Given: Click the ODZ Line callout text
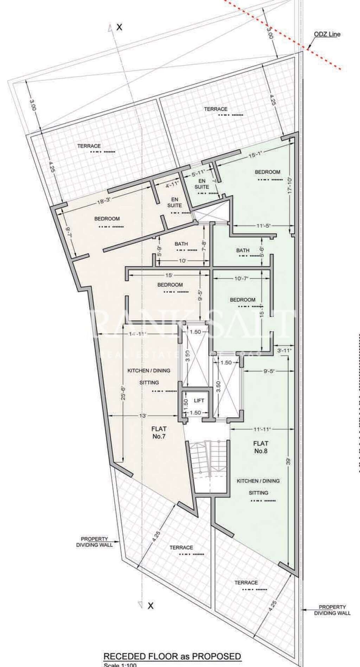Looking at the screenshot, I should [327, 34].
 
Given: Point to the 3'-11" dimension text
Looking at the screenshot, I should [284, 350].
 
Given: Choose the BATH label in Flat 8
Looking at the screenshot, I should [243, 250].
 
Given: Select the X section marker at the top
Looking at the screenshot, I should [119, 27].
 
